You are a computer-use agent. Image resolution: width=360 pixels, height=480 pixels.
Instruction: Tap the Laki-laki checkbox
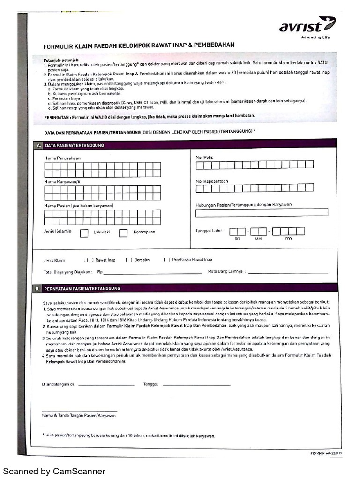(84, 233)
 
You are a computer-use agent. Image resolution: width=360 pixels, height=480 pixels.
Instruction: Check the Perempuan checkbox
(123, 233)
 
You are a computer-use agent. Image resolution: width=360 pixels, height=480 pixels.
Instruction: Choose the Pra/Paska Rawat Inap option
(167, 260)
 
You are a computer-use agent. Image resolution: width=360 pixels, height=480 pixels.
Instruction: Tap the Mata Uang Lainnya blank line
(288, 272)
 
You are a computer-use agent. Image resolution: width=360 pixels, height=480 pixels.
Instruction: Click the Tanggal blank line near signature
(196, 384)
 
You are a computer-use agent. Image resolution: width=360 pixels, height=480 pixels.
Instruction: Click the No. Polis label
(204, 157)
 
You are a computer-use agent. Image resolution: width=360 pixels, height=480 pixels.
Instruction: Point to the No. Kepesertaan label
(212, 181)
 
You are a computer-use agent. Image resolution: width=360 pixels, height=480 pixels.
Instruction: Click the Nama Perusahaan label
(62, 158)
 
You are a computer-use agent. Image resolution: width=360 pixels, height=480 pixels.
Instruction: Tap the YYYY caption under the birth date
(288, 239)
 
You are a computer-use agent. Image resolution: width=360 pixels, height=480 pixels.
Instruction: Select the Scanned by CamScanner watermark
(54, 471)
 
